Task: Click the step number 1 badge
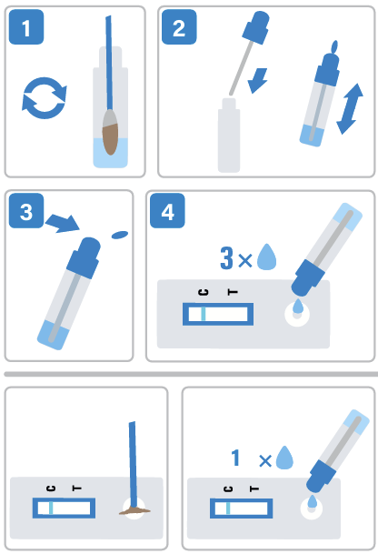click(26, 27)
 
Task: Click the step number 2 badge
click(179, 27)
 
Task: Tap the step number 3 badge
click(26, 211)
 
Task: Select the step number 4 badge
click(167, 211)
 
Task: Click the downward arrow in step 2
click(258, 81)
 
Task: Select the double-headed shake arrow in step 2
click(350, 109)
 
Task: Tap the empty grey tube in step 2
click(229, 136)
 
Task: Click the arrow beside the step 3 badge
click(63, 223)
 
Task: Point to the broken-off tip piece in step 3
click(120, 235)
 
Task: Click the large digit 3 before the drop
click(226, 258)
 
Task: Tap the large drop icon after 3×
click(266, 257)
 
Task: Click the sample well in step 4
click(297, 315)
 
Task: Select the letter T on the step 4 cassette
click(233, 292)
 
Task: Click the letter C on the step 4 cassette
click(204, 292)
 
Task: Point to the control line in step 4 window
click(203, 314)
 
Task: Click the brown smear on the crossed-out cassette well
click(134, 510)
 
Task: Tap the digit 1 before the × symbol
click(235, 458)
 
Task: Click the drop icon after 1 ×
click(284, 458)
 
